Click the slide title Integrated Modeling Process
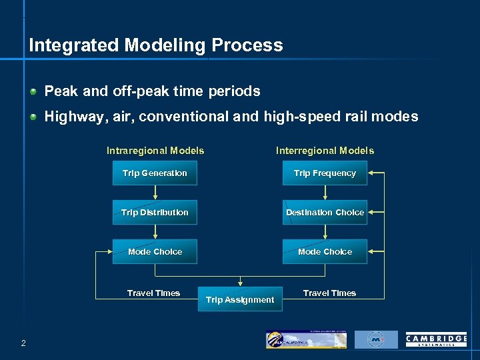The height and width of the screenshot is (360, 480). point(156,45)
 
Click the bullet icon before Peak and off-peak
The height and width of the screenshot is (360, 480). point(33,91)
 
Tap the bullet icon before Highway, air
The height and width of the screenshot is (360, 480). point(33,117)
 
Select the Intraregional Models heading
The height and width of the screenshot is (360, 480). point(155,151)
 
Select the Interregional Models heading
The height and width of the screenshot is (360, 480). point(325,151)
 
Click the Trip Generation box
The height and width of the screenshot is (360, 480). point(155,173)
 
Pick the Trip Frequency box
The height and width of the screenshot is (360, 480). point(325,173)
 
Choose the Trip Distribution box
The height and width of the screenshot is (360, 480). point(155,213)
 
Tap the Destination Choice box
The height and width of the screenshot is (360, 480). point(325,213)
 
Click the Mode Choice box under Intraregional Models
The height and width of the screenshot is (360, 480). point(155,252)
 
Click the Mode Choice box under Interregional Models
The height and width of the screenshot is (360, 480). point(325,252)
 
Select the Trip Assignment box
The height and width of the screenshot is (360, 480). point(240,299)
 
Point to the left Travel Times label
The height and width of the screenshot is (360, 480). point(153,293)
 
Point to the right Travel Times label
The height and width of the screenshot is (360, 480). point(329,293)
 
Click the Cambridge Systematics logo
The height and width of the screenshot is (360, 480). point(436,339)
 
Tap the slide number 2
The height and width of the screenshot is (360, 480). point(23,343)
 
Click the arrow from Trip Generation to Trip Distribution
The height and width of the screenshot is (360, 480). point(155,193)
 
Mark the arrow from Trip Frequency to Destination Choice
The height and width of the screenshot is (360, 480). point(325,193)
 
